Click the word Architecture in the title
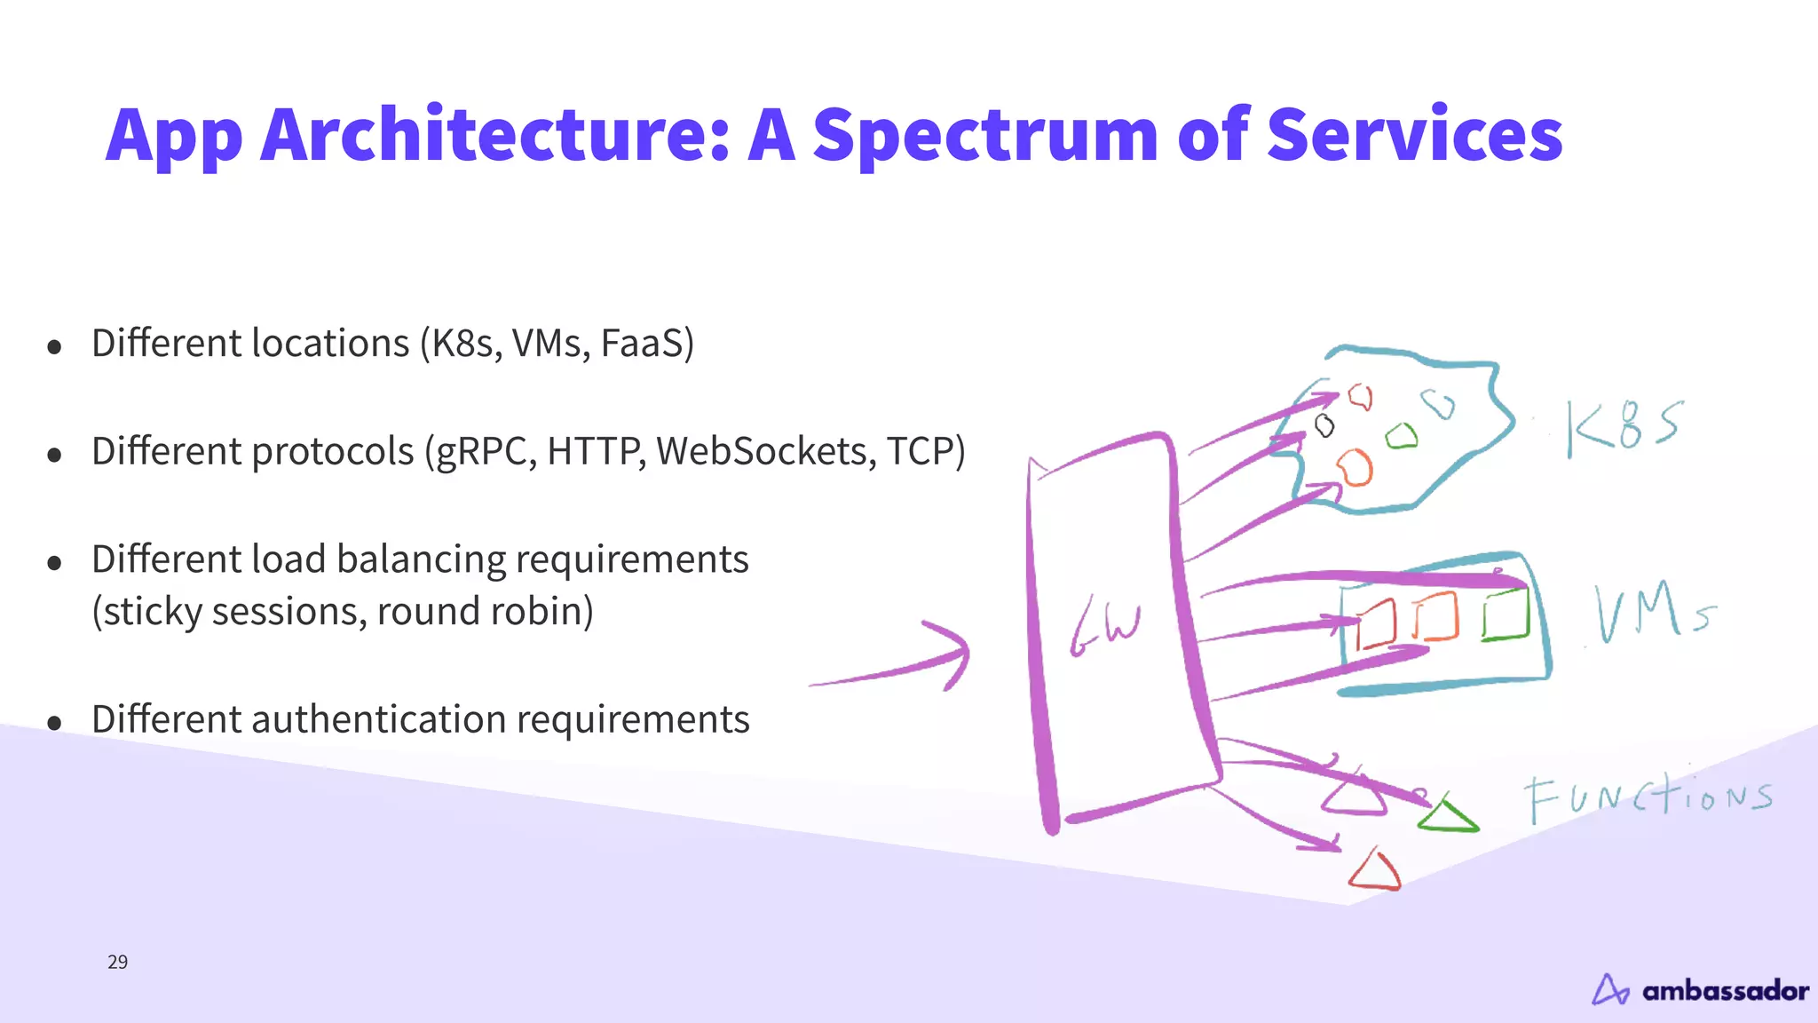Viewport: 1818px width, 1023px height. tap(494, 135)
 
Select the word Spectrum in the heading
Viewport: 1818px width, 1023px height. tap(985, 135)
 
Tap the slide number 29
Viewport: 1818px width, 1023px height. tap(117, 962)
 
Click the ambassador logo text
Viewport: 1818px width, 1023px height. tap(1725, 990)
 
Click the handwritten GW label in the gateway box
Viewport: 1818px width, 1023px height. tap(1105, 625)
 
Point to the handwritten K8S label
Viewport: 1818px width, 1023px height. tap(1623, 427)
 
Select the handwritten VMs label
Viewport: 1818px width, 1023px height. tap(1653, 612)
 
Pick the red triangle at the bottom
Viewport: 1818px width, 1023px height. tap(1375, 871)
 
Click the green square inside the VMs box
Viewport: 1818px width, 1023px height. tap(1506, 615)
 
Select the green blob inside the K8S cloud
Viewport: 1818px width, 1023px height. tap(1402, 436)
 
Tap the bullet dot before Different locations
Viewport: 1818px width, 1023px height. tap(54, 346)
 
